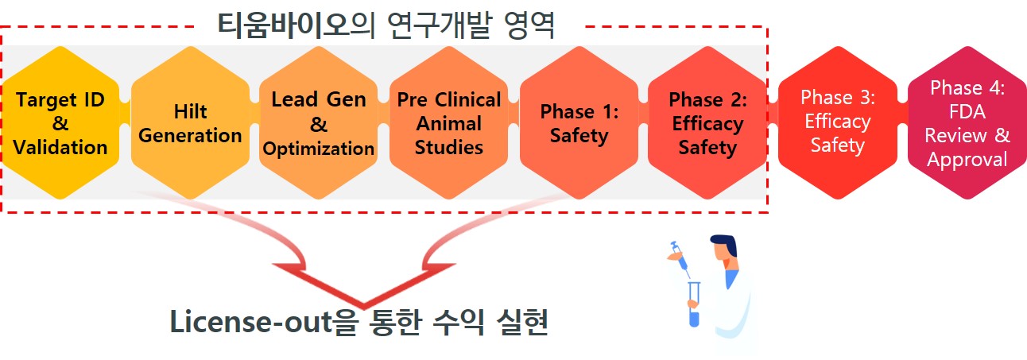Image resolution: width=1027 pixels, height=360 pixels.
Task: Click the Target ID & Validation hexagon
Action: click(61, 123)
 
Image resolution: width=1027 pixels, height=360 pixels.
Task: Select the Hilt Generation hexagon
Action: click(191, 123)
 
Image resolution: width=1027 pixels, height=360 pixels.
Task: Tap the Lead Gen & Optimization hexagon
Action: click(319, 123)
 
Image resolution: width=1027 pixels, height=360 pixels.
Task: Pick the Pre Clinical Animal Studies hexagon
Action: click(449, 123)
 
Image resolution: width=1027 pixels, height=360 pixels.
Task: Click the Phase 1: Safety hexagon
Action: click(579, 123)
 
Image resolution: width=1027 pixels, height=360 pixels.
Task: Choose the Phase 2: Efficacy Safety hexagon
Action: click(707, 123)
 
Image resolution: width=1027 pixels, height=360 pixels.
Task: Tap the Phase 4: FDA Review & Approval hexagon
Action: click(967, 123)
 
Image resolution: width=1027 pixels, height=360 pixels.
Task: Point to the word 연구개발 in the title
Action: click(455, 25)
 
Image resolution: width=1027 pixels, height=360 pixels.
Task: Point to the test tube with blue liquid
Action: click(694, 306)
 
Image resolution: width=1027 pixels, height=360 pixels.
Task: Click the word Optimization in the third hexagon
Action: click(319, 149)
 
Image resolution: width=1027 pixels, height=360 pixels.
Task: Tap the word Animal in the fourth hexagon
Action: click(449, 123)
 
